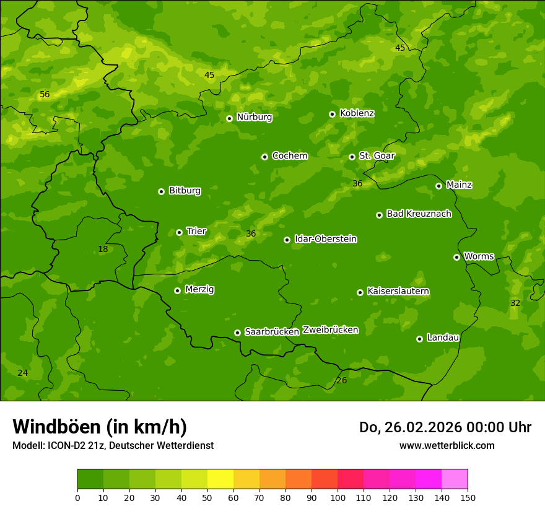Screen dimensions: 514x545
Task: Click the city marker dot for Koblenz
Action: pos(332,114)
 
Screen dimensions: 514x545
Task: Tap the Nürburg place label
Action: pos(254,117)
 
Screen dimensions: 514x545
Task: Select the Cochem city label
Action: pos(289,156)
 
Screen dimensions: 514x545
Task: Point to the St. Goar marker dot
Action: pos(352,157)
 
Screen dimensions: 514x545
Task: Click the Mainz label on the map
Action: pos(459,185)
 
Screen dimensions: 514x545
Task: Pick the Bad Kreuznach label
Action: pos(419,214)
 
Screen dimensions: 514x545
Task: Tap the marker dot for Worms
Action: pos(456,257)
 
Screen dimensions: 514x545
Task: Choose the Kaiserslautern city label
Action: pos(398,291)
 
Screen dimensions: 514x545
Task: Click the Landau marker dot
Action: pos(419,339)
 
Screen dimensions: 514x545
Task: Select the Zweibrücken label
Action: pos(330,330)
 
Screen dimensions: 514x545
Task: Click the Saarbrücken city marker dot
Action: pos(237,333)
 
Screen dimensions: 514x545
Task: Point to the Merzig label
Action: pos(199,289)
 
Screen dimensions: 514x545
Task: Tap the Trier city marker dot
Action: pos(179,232)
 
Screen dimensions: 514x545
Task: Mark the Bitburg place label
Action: pos(185,191)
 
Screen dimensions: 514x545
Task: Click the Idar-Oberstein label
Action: pos(325,239)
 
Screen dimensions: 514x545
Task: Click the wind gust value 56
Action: pos(45,95)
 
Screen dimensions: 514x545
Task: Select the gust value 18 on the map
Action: pos(103,250)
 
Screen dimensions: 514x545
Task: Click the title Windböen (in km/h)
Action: pos(100,427)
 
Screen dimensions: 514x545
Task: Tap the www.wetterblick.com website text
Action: pos(447,445)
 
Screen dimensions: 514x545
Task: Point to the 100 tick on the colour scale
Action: pos(338,497)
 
